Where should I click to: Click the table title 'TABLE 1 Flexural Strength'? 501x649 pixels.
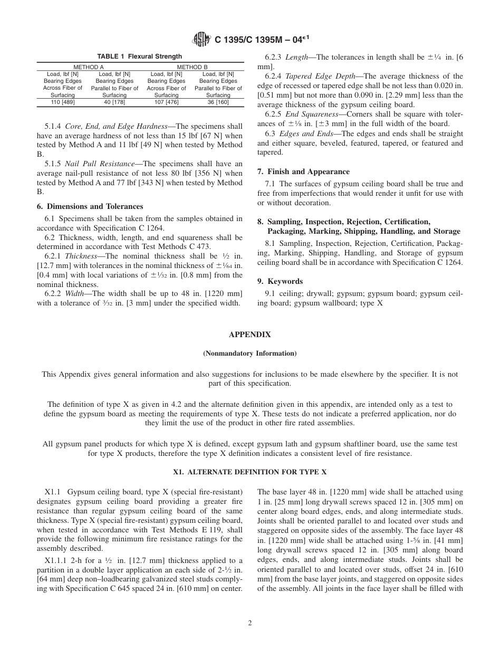click(x=140, y=56)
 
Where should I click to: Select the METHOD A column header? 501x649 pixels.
click(x=88, y=67)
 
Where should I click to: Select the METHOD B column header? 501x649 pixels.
click(x=192, y=67)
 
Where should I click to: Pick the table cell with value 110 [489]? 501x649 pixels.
click(x=62, y=102)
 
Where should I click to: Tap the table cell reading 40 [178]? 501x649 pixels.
click(x=114, y=102)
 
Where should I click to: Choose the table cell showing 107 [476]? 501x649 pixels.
click(x=166, y=102)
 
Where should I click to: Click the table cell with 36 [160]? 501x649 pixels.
click(x=218, y=102)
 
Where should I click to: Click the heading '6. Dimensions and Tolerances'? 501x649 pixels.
click(x=90, y=206)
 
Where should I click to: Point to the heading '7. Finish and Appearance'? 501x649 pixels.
click(x=303, y=171)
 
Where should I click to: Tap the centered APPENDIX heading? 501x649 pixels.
click(x=250, y=335)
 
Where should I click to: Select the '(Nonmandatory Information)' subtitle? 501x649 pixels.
click(x=250, y=353)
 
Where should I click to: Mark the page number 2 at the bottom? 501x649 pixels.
click(x=250, y=623)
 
